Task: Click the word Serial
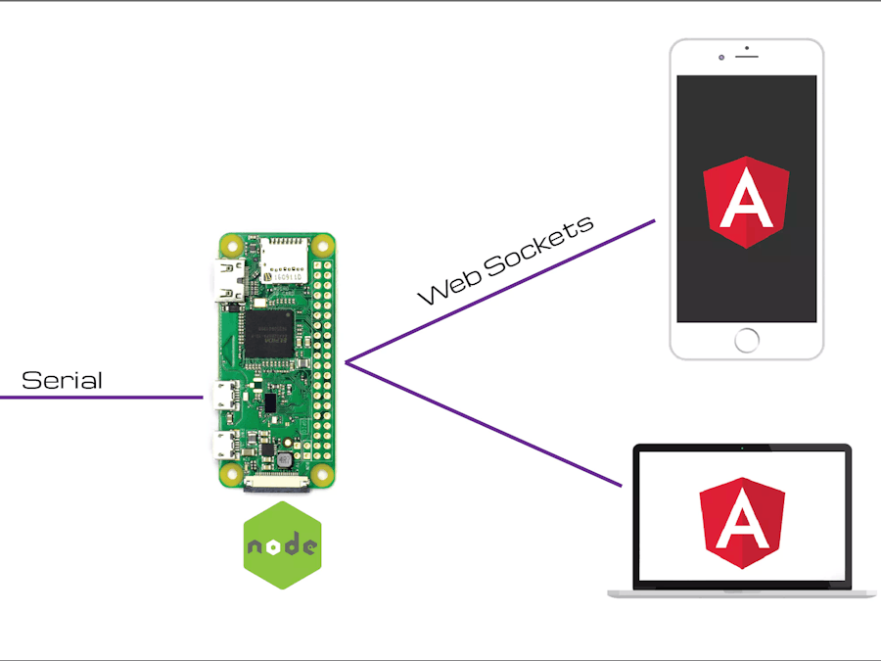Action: (x=62, y=380)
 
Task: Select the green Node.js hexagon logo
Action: (x=282, y=545)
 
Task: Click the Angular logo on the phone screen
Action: (x=746, y=202)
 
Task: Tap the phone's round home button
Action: (x=747, y=340)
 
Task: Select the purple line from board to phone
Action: (x=499, y=293)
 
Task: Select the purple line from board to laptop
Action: (x=485, y=425)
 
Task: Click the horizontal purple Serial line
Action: (x=98, y=397)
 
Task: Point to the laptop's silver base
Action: (x=741, y=593)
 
